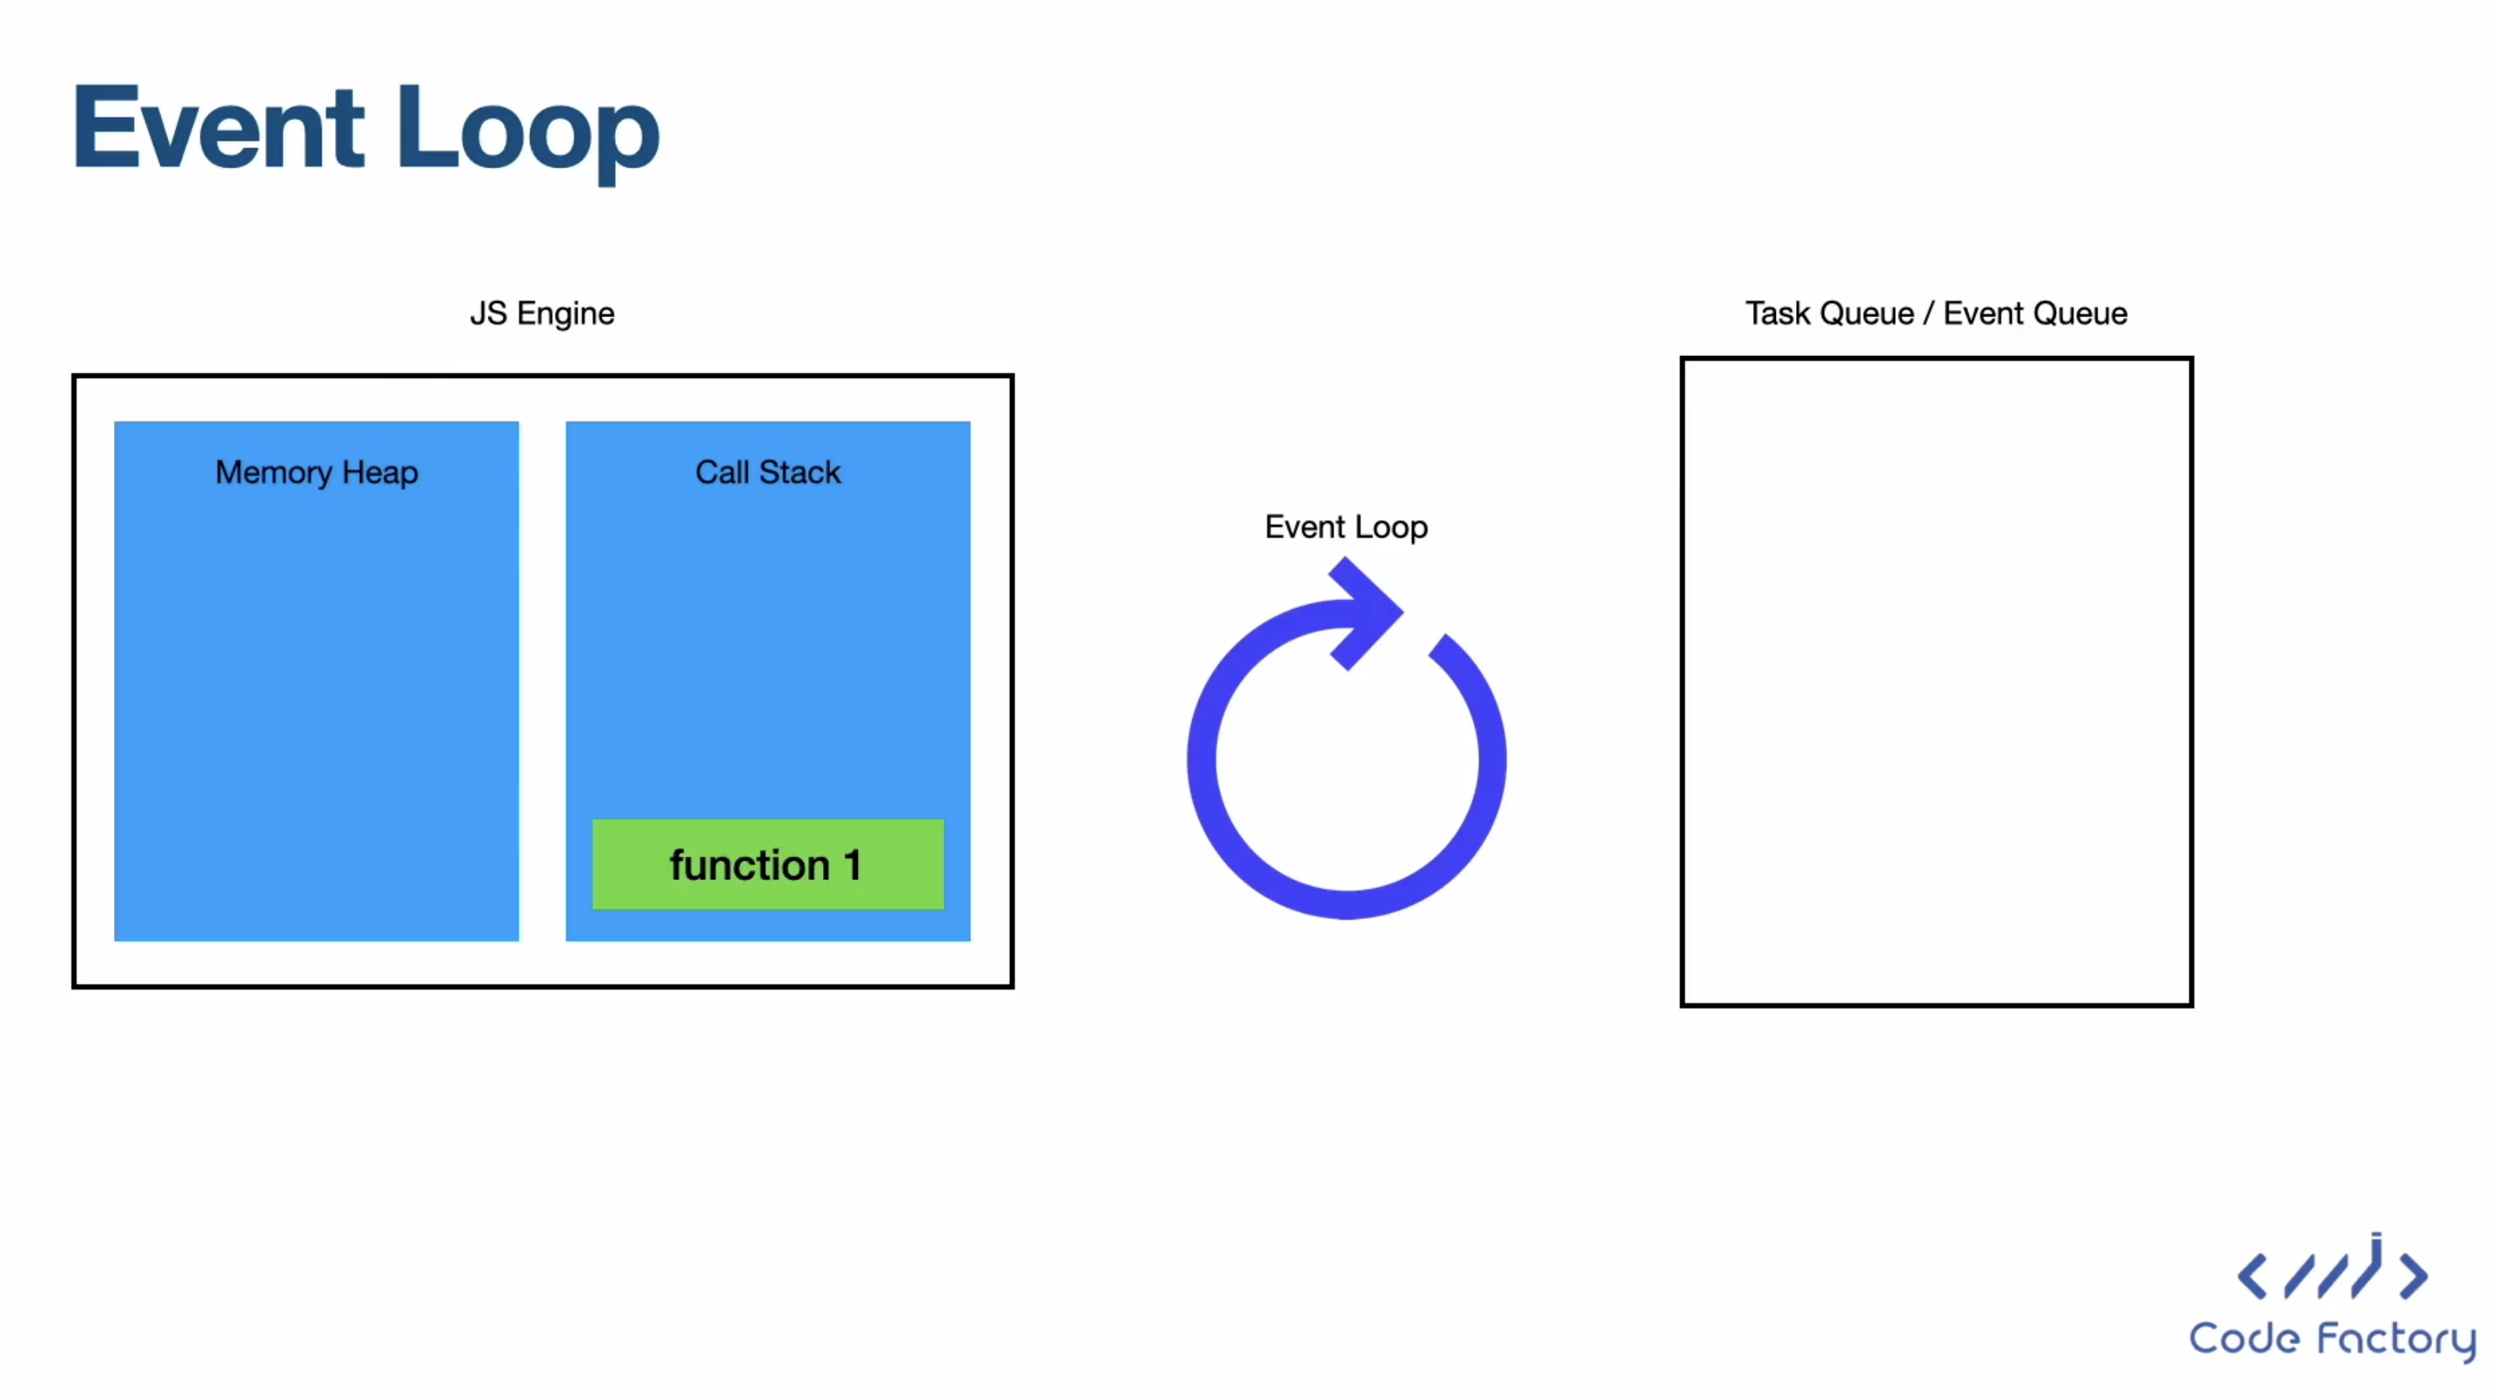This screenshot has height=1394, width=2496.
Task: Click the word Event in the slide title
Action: point(219,128)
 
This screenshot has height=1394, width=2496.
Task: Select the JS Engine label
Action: point(541,314)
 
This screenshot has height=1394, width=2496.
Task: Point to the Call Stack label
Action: point(768,473)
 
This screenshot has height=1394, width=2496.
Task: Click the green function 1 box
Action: point(768,864)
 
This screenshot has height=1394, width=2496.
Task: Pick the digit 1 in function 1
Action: point(853,865)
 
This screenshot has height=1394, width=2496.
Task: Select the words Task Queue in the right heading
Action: point(1830,314)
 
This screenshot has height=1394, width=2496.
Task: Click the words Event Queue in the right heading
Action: point(2036,314)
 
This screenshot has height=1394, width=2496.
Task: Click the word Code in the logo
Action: point(2245,1339)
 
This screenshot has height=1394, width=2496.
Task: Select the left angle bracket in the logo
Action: point(2253,1276)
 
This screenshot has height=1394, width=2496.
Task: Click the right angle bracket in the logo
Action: point(2413,1276)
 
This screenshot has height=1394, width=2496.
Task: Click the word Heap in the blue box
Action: point(380,474)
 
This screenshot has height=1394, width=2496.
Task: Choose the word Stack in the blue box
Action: point(800,473)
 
